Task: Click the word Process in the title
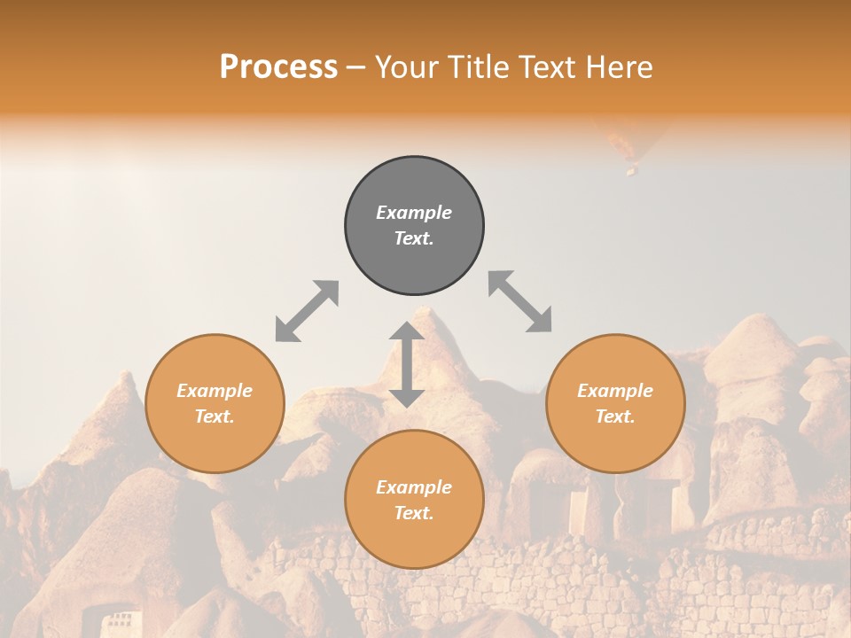coord(278,67)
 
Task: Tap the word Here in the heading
coord(618,67)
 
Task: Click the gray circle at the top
coord(414,226)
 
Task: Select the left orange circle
coord(215,404)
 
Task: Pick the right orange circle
coord(615,404)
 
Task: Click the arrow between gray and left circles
coord(307,311)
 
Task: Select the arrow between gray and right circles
coord(520,301)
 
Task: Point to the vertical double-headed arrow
coord(407,364)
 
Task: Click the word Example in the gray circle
coord(414,213)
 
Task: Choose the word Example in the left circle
coord(215,391)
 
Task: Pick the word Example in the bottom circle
coord(414,487)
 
